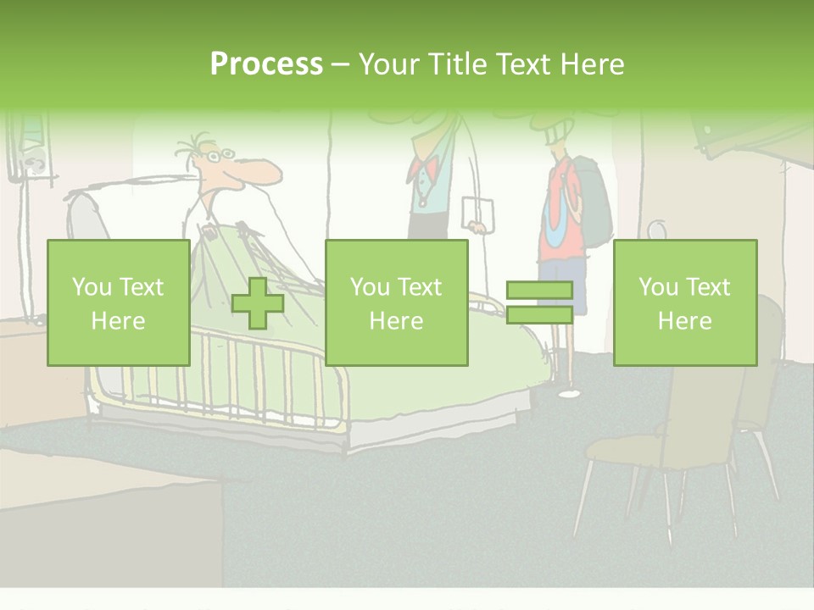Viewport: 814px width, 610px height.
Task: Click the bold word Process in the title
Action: [266, 64]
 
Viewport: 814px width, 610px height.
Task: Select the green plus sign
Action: [258, 303]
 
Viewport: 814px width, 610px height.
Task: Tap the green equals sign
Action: [539, 302]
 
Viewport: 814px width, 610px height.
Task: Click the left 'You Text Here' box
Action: [119, 302]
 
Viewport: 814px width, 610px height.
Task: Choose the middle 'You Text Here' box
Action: [396, 302]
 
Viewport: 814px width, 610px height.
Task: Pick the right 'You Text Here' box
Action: [684, 302]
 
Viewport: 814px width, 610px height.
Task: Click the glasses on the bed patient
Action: [219, 156]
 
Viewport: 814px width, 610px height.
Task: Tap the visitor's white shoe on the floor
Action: [569, 392]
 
